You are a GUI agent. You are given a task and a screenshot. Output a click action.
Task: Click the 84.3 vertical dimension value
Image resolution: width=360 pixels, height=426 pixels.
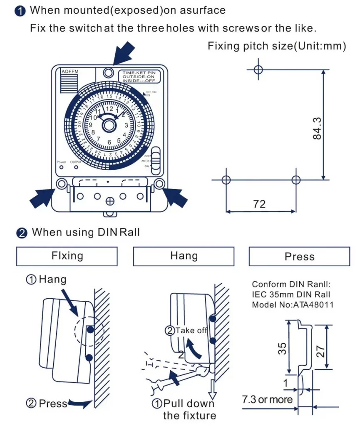click(317, 128)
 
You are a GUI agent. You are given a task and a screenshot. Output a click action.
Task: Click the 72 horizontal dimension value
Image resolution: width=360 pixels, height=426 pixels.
click(259, 203)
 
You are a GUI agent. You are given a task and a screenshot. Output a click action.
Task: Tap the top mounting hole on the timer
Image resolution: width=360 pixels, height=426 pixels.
click(109, 73)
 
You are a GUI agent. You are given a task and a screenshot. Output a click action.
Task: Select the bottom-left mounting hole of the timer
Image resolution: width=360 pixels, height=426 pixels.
click(61, 183)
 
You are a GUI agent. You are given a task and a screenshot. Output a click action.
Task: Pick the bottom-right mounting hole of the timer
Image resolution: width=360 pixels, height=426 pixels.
click(159, 183)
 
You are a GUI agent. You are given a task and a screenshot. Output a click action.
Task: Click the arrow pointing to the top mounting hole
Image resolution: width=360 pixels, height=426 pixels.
click(124, 52)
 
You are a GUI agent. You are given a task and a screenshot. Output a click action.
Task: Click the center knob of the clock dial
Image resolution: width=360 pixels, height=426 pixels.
click(109, 125)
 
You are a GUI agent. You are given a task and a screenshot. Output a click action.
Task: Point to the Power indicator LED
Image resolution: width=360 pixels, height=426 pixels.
click(61, 167)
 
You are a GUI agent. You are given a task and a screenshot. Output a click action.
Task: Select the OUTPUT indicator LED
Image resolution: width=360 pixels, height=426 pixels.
click(76, 167)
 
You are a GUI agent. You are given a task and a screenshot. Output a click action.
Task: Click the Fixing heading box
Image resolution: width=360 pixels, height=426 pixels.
click(67, 256)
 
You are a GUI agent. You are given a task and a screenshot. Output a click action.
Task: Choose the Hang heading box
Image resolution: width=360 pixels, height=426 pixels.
click(184, 256)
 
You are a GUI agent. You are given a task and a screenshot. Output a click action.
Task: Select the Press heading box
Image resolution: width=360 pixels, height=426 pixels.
click(299, 256)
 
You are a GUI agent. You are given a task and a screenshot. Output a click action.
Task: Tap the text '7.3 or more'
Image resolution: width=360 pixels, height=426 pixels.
click(267, 400)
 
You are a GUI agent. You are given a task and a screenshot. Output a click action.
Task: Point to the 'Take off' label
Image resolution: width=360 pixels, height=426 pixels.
click(191, 330)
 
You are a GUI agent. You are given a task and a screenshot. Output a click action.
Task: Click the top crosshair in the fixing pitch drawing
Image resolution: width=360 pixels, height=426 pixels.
click(258, 69)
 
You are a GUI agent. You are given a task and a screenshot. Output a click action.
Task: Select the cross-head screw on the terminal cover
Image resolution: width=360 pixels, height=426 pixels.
click(110, 201)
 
